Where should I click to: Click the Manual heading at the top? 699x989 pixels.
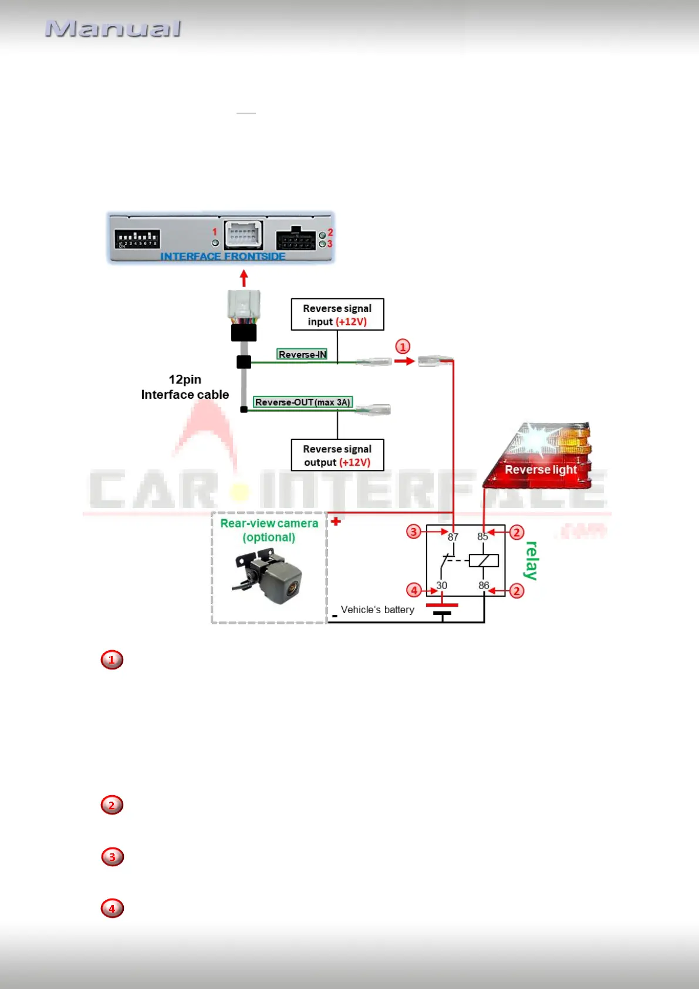(x=113, y=29)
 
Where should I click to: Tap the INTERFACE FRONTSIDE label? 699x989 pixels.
(x=222, y=257)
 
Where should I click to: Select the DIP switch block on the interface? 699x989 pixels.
(x=137, y=239)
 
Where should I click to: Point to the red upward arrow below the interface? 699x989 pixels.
(x=244, y=278)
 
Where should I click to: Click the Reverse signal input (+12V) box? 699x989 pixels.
(x=337, y=315)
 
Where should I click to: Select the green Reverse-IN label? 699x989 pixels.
(x=302, y=354)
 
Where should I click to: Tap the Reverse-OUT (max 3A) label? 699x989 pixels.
(x=303, y=402)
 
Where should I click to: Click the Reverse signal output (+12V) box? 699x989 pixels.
(x=337, y=455)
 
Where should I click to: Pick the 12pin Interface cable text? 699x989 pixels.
(x=185, y=387)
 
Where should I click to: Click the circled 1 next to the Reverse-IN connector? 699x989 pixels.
(x=403, y=347)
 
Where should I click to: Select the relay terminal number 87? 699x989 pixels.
(x=453, y=537)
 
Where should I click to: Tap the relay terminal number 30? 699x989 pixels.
(x=442, y=586)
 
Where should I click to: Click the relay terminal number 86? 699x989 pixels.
(x=484, y=586)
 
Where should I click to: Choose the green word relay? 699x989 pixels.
(x=532, y=561)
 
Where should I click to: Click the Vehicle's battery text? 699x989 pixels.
(x=377, y=610)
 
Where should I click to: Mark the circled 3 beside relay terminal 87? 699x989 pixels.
(x=414, y=532)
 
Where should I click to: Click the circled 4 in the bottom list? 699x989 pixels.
(x=112, y=909)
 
